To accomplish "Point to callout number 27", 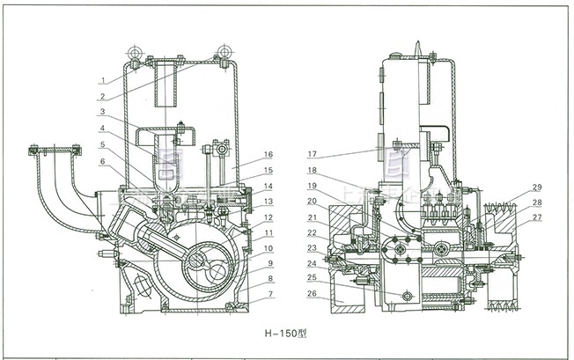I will pyautogui.click(x=537, y=217).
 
